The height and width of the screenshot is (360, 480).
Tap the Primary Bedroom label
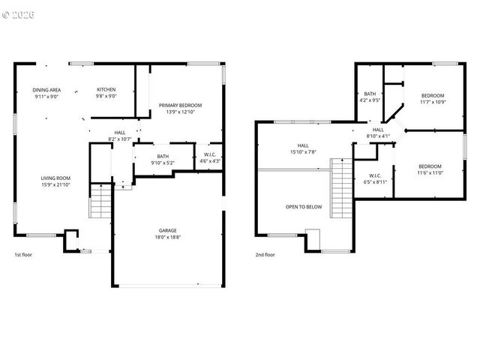[180, 109]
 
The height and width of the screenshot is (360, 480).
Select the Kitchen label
[106, 93]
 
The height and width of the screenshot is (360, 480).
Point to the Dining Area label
[45, 93]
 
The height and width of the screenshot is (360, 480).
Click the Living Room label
[55, 181]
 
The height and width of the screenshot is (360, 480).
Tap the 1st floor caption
[23, 254]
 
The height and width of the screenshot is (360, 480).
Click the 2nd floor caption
[265, 254]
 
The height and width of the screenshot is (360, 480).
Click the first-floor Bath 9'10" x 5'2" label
[163, 160]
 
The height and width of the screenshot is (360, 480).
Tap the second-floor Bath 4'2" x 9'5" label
[370, 97]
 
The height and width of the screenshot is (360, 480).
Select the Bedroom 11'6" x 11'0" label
[430, 169]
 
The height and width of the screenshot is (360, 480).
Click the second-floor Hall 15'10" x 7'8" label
[303, 149]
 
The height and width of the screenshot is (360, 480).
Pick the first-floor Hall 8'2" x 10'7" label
[120, 136]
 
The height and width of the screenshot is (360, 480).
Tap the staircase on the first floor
[100, 200]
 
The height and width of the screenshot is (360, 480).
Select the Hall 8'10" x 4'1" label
[379, 133]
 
